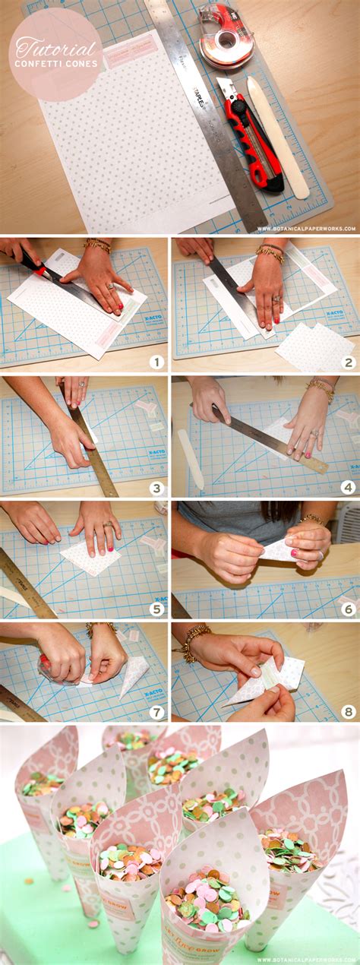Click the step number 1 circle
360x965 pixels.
click(156, 362)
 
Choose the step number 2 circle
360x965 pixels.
click(349, 362)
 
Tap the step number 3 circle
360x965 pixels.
click(156, 489)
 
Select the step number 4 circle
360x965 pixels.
click(349, 489)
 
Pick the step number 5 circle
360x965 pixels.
click(156, 609)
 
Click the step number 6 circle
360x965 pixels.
click(349, 609)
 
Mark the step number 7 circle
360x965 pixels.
click(156, 712)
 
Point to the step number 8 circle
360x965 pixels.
click(349, 712)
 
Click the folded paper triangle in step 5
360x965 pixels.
click(90, 558)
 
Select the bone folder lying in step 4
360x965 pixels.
click(191, 458)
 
